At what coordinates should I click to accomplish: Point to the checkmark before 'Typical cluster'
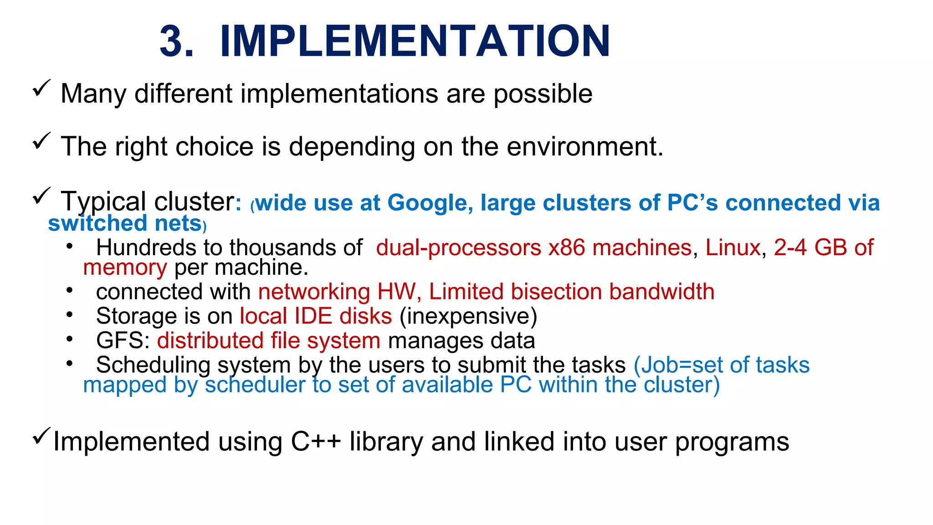[41, 196]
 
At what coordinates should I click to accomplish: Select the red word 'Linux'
[733, 248]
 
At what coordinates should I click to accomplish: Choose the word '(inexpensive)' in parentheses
[468, 316]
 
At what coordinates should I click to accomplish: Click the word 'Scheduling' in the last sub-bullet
[153, 365]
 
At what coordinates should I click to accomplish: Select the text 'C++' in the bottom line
[316, 442]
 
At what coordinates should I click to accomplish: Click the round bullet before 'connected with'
[69, 290]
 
